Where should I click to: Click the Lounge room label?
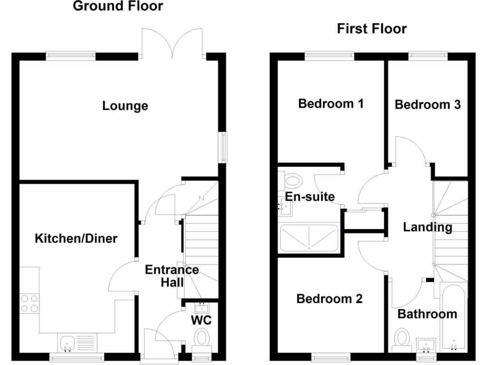tap(125, 106)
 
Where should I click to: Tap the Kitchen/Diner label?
tap(76, 238)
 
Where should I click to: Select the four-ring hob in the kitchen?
tap(29, 303)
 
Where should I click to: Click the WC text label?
tap(201, 320)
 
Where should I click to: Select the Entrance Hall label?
tap(172, 276)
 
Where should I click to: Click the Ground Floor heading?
tap(117, 6)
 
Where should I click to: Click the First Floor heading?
tap(372, 29)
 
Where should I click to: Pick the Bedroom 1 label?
tap(331, 104)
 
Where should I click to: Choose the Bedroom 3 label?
tap(428, 105)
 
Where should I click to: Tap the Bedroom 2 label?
tap(330, 298)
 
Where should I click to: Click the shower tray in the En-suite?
tap(309, 238)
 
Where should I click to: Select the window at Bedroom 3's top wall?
tap(428, 56)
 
